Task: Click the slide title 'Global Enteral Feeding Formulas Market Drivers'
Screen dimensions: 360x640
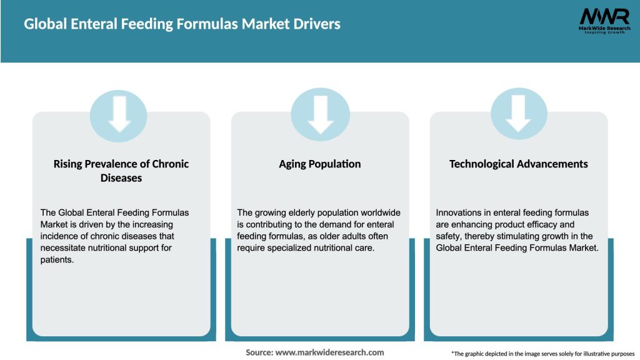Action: click(x=182, y=24)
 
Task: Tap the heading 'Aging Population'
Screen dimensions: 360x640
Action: click(x=320, y=164)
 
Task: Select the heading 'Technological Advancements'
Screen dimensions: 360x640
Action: click(x=518, y=164)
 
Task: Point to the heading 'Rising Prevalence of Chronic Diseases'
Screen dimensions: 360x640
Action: click(x=121, y=171)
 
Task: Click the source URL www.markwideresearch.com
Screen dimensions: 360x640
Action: click(x=329, y=352)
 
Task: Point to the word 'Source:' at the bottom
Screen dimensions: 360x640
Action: click(x=259, y=352)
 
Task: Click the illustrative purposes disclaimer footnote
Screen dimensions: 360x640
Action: click(x=542, y=354)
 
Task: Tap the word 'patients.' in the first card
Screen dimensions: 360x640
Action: click(x=56, y=260)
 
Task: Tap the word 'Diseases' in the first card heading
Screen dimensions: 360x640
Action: click(x=121, y=178)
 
